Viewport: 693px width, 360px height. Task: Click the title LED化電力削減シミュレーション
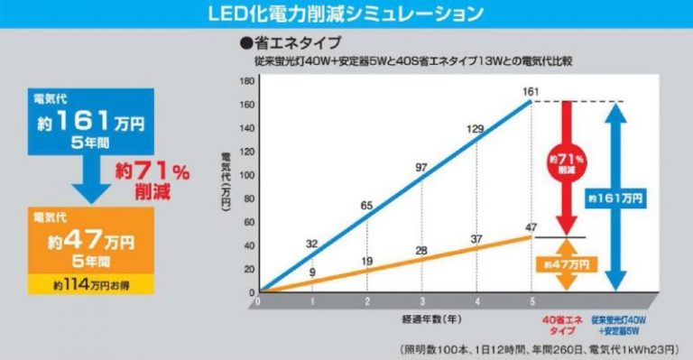346,13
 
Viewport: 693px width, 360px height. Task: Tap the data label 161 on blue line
531,92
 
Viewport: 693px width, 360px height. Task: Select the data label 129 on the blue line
476,129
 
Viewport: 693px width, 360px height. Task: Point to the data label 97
420,168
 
